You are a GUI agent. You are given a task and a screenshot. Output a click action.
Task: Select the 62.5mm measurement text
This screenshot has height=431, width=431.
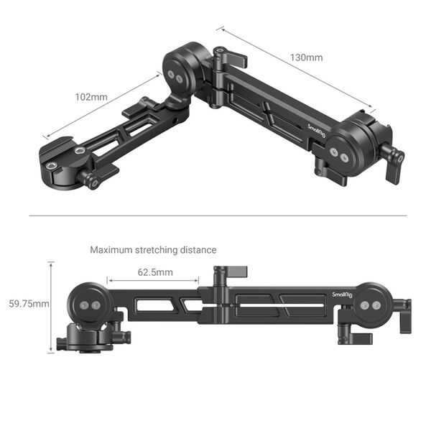[x=154, y=272]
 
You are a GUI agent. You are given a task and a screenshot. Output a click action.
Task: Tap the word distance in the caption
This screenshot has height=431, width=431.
[x=198, y=250]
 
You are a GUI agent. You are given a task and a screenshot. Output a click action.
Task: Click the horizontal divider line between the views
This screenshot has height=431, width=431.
[x=215, y=215]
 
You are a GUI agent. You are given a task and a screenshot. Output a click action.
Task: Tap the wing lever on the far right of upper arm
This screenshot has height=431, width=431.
[x=393, y=158]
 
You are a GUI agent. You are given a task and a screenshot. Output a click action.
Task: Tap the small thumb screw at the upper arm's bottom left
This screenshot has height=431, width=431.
[x=92, y=180]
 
